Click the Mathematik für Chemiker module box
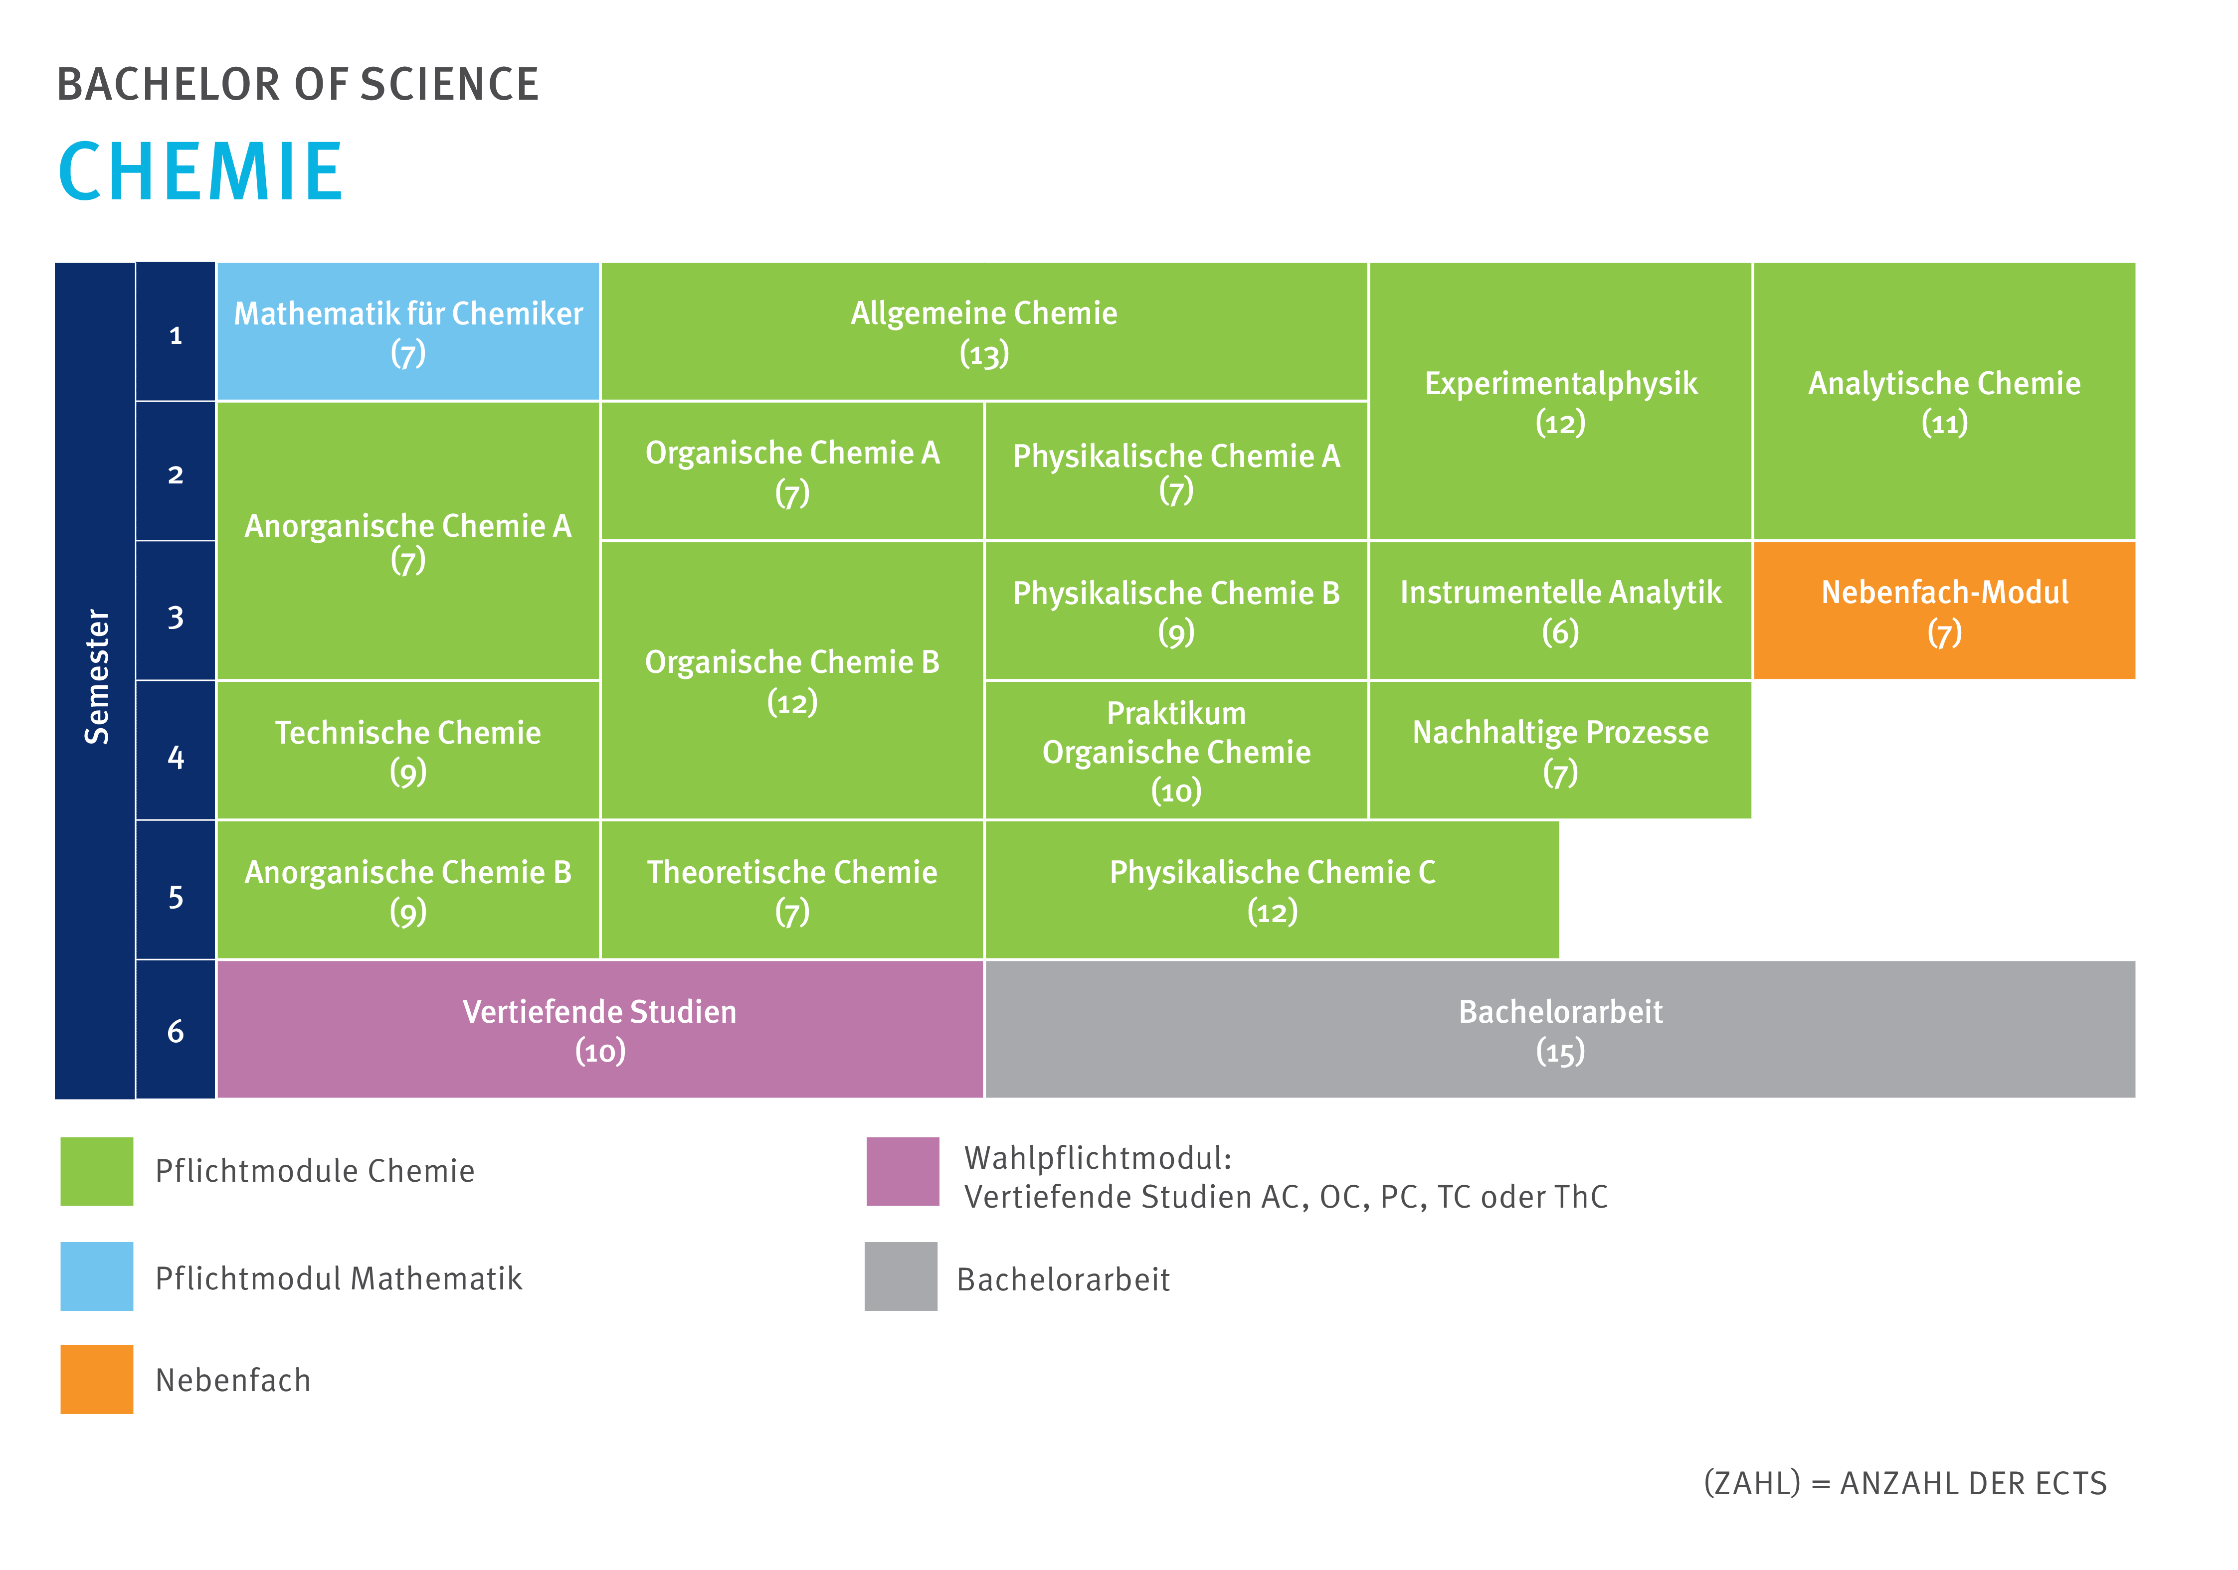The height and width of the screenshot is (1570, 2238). (x=407, y=331)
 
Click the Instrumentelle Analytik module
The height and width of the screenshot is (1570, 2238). (x=1560, y=610)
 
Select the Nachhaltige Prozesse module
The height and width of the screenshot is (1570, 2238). (x=1560, y=750)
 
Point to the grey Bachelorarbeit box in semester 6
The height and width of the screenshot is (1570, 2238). (x=1560, y=1029)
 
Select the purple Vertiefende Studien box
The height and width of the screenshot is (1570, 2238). (x=599, y=1029)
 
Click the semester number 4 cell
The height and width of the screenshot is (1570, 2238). (x=176, y=750)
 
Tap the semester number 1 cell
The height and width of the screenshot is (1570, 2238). (x=176, y=331)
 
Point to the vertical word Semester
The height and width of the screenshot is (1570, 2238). (x=97, y=677)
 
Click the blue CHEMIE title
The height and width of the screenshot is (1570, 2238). (x=201, y=171)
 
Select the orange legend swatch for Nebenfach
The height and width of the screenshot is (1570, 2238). (x=97, y=1379)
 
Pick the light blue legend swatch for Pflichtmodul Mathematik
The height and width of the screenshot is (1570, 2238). (x=97, y=1275)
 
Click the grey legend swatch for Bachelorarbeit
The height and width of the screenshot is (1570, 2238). (x=901, y=1275)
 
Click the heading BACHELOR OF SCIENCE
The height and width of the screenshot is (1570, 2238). (x=298, y=85)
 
